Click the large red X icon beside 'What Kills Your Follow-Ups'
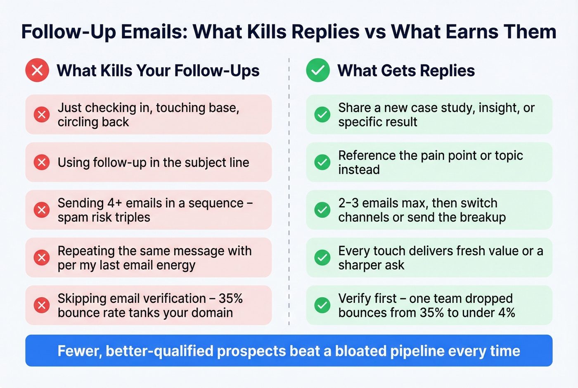point(37,70)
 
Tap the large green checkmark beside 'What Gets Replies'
point(318,70)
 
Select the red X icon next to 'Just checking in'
point(42,114)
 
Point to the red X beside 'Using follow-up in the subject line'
point(42,162)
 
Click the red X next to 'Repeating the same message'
point(42,257)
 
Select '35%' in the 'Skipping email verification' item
point(230,298)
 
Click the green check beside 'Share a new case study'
point(322,114)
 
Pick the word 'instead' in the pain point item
point(359,170)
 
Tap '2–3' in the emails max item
point(348,203)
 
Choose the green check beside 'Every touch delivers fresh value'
point(322,257)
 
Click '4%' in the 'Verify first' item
point(507,313)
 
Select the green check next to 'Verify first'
point(322,305)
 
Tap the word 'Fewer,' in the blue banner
point(79,351)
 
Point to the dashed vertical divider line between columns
point(289,190)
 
